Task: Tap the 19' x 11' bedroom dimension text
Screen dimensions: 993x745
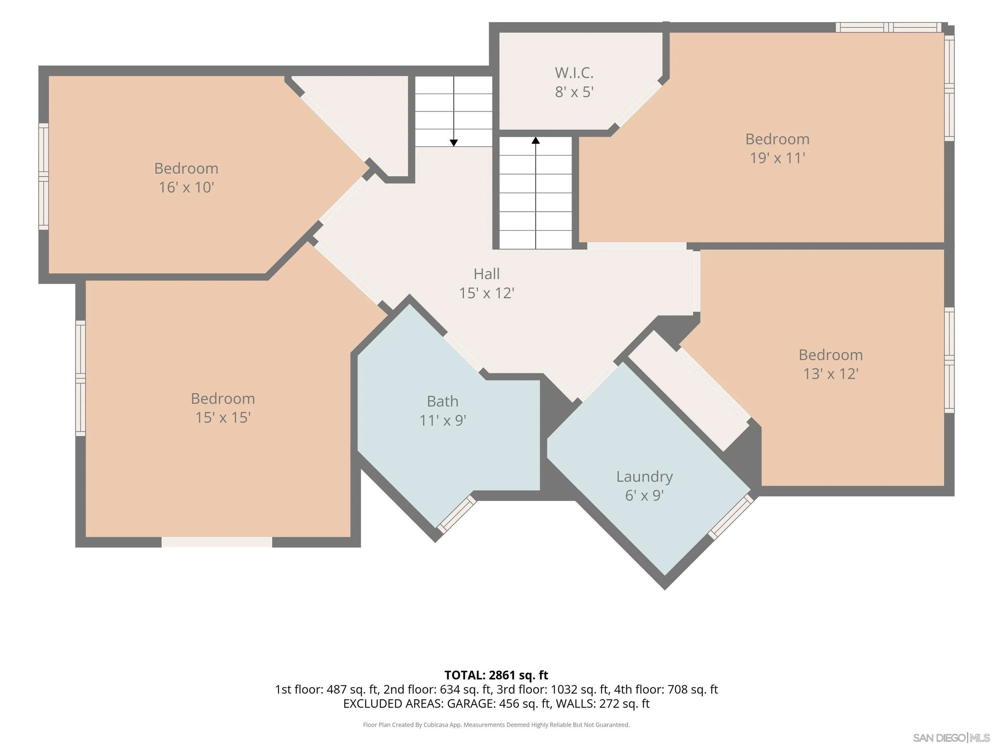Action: point(778,158)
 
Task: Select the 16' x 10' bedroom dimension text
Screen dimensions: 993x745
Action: point(186,187)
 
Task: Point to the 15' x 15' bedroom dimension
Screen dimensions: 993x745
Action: point(223,418)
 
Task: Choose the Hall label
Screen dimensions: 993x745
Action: point(487,273)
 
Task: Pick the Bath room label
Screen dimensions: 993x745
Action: point(443,401)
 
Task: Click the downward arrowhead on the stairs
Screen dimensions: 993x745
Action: point(454,143)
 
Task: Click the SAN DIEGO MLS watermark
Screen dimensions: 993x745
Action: point(951,738)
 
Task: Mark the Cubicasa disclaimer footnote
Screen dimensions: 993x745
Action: point(496,725)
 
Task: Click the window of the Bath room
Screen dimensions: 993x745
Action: point(456,514)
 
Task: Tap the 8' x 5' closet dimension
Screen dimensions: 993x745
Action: point(574,92)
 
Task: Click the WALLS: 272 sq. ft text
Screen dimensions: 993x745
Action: point(602,704)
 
